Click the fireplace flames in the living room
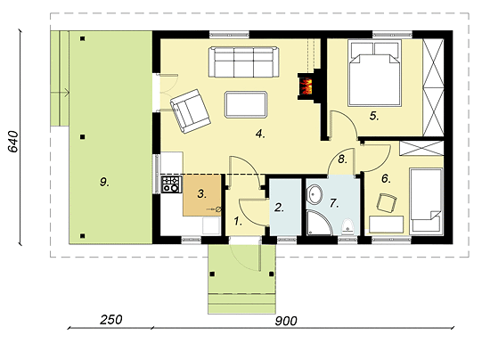306,86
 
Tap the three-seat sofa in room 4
244,61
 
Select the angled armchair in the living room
190,111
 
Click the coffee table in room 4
246,104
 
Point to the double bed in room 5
374,72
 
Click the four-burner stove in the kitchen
171,184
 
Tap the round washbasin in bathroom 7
314,195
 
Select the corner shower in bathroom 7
319,223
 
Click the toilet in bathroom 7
347,227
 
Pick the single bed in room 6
426,200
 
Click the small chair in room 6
387,203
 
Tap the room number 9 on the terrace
104,181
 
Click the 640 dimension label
13,142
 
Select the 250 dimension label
111,320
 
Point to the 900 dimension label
286,321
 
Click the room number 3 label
202,193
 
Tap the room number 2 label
279,208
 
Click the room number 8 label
342,160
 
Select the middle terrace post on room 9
83,137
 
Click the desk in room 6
387,225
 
